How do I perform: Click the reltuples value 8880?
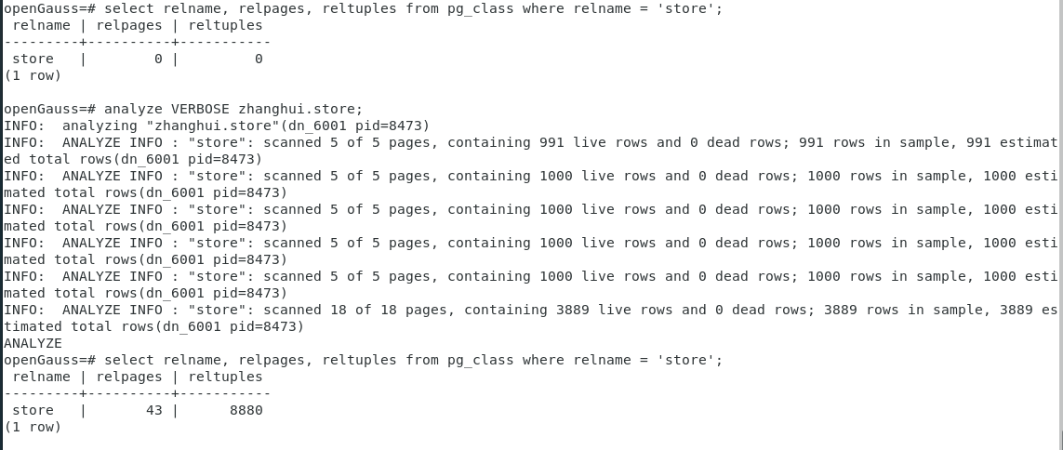click(246, 410)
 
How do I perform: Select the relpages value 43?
click(153, 410)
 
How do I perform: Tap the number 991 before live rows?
click(551, 142)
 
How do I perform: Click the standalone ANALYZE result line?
click(33, 343)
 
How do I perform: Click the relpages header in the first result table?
click(128, 25)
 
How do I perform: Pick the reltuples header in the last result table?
click(225, 377)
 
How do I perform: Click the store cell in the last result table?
click(33, 410)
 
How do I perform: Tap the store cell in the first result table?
click(33, 59)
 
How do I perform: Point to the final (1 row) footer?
click(33, 427)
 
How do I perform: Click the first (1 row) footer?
click(33, 75)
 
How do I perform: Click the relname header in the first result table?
click(41, 25)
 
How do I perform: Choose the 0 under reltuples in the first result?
click(259, 59)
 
